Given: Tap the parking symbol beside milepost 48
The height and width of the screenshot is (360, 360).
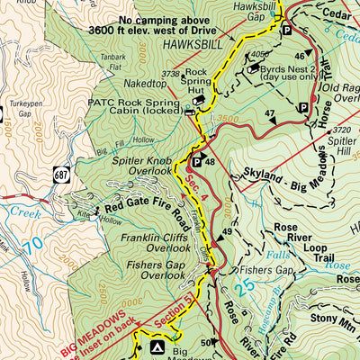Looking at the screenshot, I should click(196, 163).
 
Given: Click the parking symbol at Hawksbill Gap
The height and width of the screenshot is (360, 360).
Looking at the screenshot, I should click(287, 30).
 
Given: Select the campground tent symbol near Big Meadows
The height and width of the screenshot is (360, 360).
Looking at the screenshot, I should click(157, 346).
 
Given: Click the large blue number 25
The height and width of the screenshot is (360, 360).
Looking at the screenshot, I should click(243, 287).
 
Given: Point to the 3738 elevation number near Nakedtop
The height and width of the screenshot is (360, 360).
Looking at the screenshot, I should click(170, 74).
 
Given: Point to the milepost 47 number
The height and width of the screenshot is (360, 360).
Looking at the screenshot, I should click(268, 113).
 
